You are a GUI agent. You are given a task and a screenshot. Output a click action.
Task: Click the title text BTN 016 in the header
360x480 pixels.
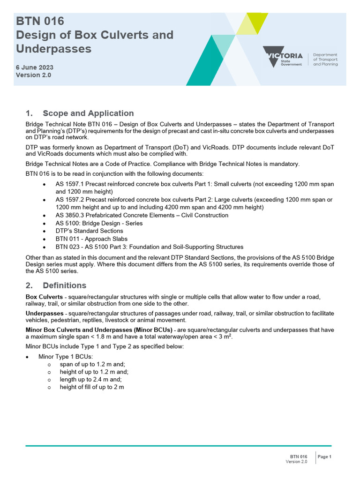pos(40,21)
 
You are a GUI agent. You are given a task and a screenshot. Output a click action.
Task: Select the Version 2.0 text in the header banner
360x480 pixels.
pos(33,75)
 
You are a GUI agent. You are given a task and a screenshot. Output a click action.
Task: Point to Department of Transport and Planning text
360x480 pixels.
pos(325,60)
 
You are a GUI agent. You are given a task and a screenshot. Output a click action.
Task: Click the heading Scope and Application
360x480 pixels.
pos(88,113)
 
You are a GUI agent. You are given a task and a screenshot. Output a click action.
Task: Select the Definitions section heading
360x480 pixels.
pos(64,285)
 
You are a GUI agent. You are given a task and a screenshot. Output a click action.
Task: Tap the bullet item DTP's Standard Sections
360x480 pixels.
pos(89,231)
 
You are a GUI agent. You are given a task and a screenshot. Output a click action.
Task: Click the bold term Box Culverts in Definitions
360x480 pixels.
pos(44,297)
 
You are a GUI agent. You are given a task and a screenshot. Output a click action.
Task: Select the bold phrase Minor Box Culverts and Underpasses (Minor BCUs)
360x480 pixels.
pos(98,330)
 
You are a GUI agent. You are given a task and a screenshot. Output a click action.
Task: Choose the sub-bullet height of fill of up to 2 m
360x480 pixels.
pos(91,387)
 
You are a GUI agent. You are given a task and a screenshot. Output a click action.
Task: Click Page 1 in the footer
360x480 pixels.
pos(324,457)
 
